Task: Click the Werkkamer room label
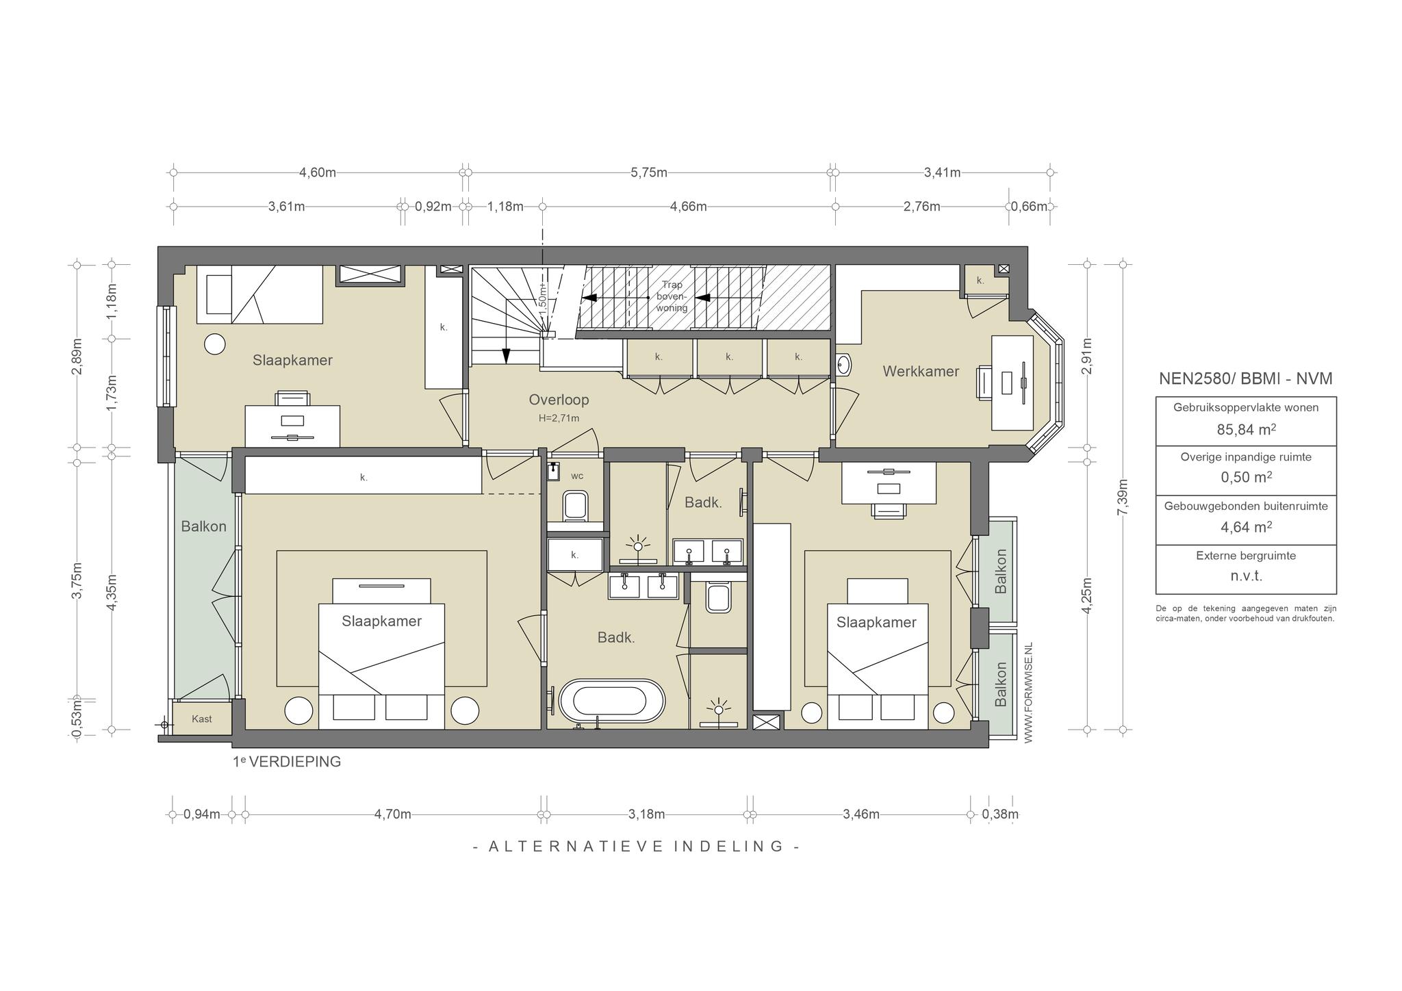click(x=921, y=371)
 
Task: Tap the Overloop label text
click(x=559, y=400)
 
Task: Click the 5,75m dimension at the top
click(x=649, y=172)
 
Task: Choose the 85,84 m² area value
click(x=1246, y=430)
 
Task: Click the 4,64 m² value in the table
click(x=1246, y=527)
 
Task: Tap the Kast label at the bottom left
click(x=202, y=719)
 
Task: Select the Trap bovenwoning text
click(x=672, y=296)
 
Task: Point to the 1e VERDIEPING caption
click(x=287, y=762)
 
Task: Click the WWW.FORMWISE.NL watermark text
click(x=1028, y=692)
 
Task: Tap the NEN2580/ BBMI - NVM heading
click(x=1246, y=378)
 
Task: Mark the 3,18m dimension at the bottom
click(x=647, y=814)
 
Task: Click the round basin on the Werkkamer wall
click(x=843, y=364)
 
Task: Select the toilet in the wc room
click(x=576, y=507)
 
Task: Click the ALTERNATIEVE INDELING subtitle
click(x=637, y=847)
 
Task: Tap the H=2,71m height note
click(x=559, y=418)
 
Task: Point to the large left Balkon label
click(x=203, y=526)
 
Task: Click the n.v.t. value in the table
click(x=1246, y=576)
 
